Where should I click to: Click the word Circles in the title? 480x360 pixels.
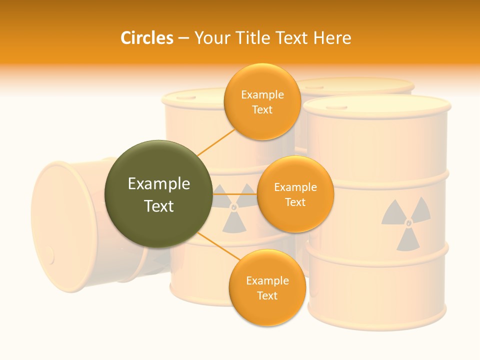[x=146, y=38]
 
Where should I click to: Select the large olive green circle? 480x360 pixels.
[x=158, y=194]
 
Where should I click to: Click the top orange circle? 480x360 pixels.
[x=262, y=101]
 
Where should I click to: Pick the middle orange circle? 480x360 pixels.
[x=295, y=194]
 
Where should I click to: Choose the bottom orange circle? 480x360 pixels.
[x=267, y=287]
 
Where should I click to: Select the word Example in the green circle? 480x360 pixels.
[x=158, y=184]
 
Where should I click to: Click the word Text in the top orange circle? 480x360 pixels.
[x=262, y=110]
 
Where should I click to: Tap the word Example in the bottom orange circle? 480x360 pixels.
[x=267, y=280]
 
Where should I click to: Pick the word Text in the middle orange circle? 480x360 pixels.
[x=295, y=202]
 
